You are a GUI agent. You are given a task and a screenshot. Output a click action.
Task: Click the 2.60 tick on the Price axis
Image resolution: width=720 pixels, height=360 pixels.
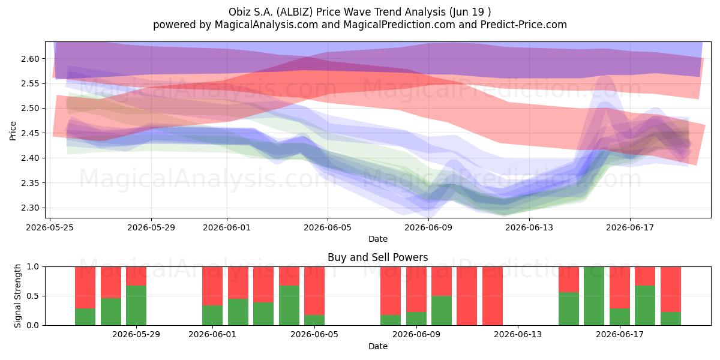[x=30, y=59]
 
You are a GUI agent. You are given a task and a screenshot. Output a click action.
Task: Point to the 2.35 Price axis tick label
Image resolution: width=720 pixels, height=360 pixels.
[x=30, y=183]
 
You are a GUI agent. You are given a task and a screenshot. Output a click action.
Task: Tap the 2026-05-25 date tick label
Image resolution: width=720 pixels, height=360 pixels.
[x=50, y=227]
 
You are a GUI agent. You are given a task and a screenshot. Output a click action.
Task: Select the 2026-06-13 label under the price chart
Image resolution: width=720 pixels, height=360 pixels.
[x=529, y=227]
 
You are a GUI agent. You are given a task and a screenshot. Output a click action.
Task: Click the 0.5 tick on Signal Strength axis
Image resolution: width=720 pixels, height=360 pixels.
[x=32, y=296]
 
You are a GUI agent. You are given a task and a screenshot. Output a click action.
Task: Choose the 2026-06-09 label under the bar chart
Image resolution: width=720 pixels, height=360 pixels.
[x=416, y=335]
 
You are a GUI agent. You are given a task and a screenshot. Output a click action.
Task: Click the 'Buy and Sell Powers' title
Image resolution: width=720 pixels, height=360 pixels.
[x=377, y=257]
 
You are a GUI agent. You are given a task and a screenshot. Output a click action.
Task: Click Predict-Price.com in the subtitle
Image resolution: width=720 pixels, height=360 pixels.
[x=524, y=25]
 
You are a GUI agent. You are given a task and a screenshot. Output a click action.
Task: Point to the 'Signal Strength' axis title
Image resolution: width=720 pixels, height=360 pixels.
[x=17, y=296]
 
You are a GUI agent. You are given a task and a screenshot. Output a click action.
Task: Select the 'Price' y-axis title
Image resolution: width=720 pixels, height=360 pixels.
[x=13, y=131]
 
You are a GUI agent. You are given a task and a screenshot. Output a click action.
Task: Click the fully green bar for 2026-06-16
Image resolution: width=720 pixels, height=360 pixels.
[x=594, y=296]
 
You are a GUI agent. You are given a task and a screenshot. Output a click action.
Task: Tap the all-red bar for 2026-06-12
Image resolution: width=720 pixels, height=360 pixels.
[x=493, y=296]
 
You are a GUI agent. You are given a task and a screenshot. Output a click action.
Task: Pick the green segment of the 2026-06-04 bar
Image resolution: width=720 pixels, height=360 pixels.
[x=289, y=305]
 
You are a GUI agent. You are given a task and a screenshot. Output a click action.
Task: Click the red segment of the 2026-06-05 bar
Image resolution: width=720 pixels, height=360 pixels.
[x=314, y=291]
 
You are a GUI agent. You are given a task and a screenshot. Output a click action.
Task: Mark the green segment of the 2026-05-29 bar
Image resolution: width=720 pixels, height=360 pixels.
[x=136, y=305]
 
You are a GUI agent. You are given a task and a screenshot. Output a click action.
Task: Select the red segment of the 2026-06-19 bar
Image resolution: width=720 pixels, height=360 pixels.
[x=671, y=289]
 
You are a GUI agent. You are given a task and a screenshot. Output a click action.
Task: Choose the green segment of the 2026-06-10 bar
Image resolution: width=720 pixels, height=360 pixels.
[x=442, y=311]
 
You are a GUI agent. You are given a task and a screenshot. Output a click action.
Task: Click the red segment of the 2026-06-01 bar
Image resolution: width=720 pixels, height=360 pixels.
[x=212, y=286]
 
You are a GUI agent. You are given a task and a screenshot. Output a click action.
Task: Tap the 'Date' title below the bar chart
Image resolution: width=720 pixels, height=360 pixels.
[x=378, y=347]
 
